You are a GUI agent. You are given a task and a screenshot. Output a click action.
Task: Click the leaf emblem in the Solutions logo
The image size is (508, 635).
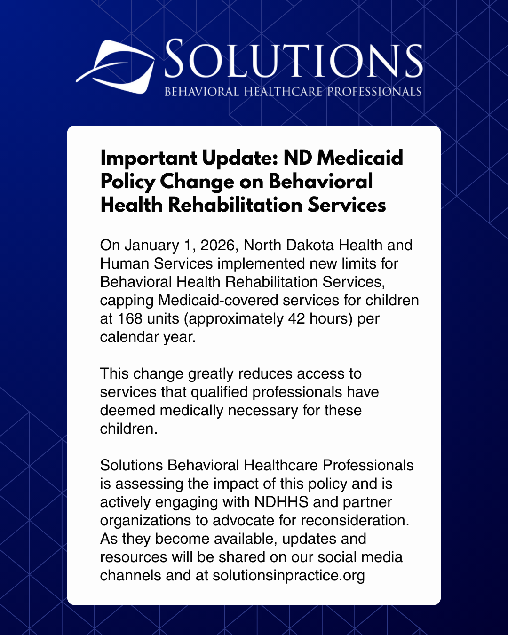(117, 66)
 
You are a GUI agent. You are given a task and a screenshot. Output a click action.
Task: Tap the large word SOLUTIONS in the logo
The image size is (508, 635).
(293, 60)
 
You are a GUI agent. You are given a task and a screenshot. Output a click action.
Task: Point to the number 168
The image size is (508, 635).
(130, 318)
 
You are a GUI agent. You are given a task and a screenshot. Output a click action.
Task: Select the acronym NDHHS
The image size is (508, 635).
(281, 502)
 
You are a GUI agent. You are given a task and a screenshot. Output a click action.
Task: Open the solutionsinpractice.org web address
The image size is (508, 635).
(289, 575)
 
